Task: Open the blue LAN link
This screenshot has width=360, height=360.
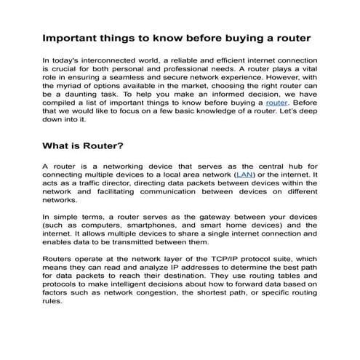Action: coord(243,175)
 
